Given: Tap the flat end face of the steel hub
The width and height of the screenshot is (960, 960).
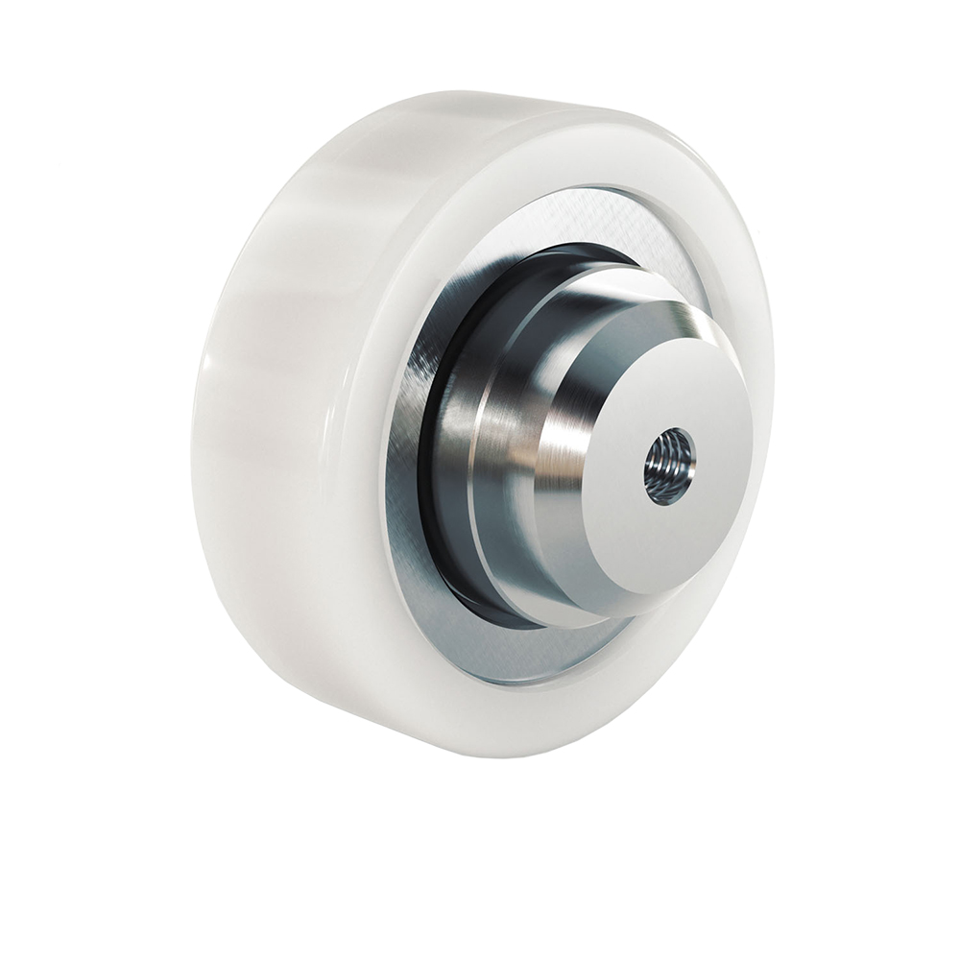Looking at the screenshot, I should click(662, 413).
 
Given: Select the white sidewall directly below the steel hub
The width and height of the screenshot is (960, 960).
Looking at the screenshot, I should click(557, 701).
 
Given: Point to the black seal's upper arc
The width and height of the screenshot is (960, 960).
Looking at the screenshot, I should click(538, 255).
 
